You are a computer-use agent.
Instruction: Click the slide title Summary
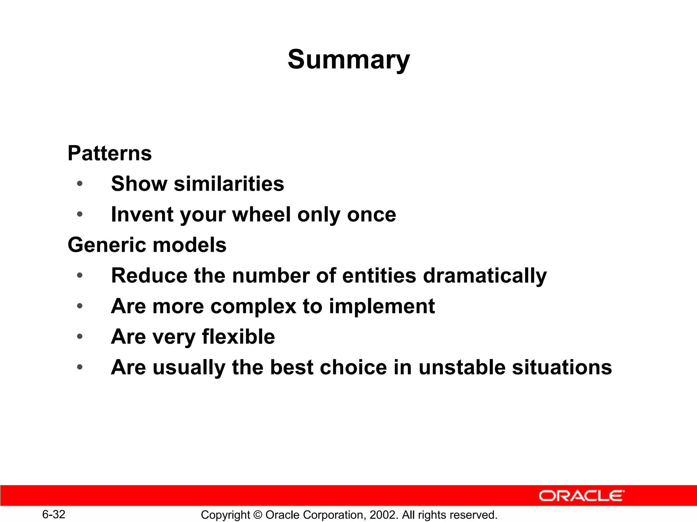pos(348,60)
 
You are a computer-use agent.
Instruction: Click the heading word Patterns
pos(110,153)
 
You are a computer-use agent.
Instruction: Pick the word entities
pos(379,276)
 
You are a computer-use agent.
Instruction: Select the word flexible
pos(238,337)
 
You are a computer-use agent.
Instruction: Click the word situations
pos(562,367)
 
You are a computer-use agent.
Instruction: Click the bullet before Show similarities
pos(80,184)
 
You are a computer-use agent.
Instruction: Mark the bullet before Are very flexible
pos(80,337)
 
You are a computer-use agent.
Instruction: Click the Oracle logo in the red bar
pos(581,496)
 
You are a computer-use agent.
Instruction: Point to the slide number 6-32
pos(54,514)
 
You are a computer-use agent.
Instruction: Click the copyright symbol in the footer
pos(258,515)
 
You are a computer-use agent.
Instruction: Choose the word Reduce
pos(149,276)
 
